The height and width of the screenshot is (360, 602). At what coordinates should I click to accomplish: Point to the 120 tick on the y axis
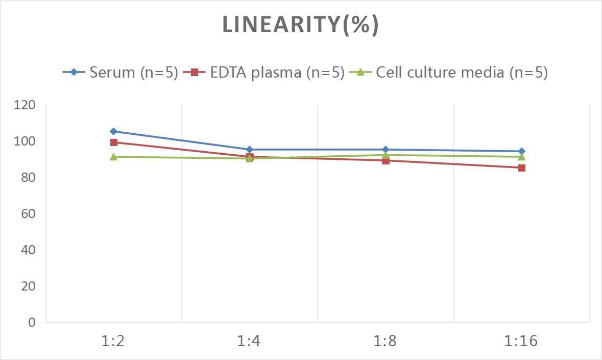click(26, 105)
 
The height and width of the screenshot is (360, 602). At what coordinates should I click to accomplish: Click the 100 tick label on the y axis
click(26, 141)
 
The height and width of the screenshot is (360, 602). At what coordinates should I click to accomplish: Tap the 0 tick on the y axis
click(32, 322)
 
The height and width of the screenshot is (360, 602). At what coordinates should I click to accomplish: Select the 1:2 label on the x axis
click(113, 341)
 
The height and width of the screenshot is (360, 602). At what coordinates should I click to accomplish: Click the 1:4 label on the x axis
click(250, 341)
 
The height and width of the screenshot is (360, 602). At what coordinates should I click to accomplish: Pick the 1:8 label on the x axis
click(386, 341)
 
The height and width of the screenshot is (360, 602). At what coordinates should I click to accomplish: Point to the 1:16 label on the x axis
click(521, 341)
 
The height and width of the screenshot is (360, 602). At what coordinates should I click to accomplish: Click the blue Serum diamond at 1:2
click(113, 131)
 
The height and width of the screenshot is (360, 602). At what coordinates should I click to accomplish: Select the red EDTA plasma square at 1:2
click(113, 142)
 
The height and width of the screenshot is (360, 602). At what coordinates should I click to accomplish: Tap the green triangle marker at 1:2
click(113, 157)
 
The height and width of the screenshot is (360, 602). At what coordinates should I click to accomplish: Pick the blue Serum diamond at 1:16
click(521, 151)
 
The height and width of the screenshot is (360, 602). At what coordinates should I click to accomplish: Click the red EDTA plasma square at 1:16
click(521, 167)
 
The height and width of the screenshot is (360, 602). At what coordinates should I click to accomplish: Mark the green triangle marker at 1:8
click(386, 155)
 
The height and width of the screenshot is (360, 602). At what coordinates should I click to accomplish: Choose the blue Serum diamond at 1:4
click(250, 150)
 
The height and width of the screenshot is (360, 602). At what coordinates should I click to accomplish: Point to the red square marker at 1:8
click(386, 161)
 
